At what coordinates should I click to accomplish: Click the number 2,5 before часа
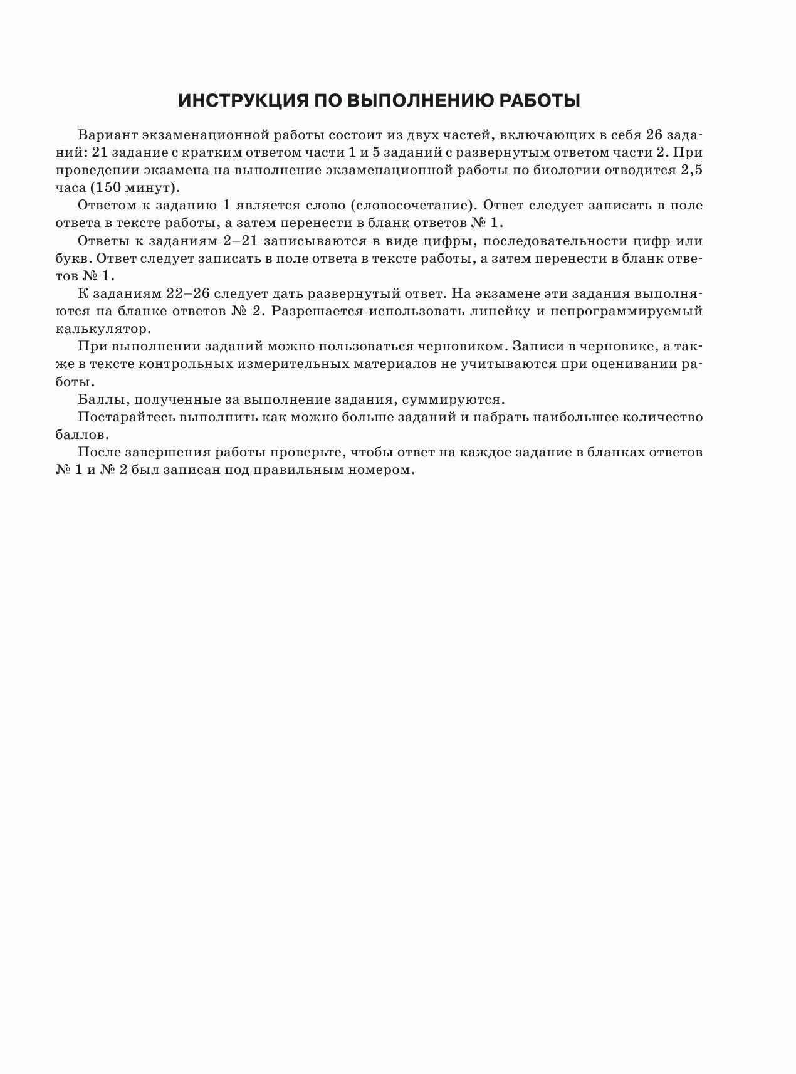tap(689, 170)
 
